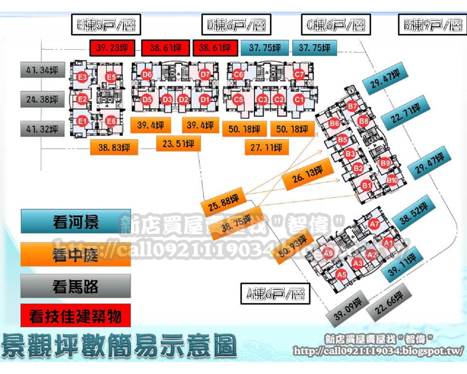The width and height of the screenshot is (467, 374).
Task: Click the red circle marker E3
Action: tap(82, 77)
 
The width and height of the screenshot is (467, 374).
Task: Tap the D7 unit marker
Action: tap(205, 75)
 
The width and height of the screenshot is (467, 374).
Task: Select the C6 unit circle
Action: tap(238, 75)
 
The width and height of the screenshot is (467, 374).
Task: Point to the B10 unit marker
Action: tap(392, 180)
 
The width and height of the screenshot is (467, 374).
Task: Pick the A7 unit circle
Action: tap(374, 224)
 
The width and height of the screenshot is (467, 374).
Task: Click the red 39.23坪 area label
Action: tap(112, 47)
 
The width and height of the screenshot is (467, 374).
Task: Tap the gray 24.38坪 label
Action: tap(42, 99)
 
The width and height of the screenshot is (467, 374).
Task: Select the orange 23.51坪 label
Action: tap(178, 144)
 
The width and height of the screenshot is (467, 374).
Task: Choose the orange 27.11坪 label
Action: tap(266, 148)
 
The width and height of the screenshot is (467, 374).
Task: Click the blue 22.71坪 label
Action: tap(406, 113)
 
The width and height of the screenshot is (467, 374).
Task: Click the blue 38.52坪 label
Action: tap(414, 214)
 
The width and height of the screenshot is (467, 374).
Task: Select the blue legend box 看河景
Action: tap(76, 222)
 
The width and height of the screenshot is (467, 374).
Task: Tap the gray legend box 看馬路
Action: tap(76, 286)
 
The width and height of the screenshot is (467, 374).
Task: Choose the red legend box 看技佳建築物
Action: tap(76, 316)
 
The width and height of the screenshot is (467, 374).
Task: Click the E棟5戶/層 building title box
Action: tap(106, 25)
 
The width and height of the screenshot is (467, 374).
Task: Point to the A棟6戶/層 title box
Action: tap(275, 294)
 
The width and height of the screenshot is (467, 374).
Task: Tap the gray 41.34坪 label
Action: tap(42, 70)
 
